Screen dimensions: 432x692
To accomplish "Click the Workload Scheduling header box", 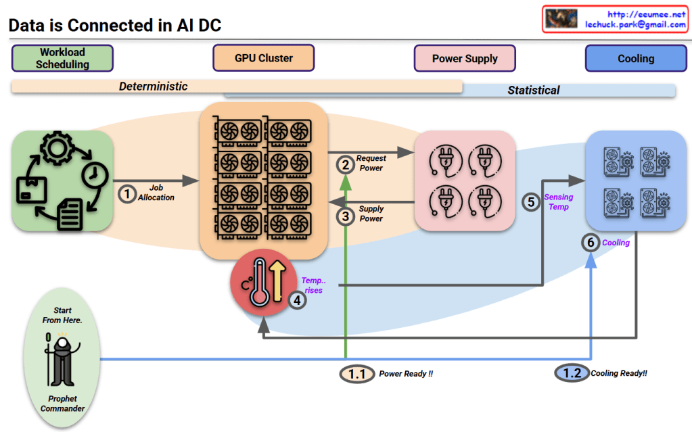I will point(62,58).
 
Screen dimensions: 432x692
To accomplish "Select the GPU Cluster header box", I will point(264,58).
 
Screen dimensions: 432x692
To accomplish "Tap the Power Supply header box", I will point(465,59).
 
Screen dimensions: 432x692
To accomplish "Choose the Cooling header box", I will point(635,59).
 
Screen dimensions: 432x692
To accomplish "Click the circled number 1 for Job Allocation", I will point(127,193).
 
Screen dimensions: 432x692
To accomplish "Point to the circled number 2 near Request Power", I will point(345,164).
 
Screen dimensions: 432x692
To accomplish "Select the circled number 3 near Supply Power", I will point(345,216).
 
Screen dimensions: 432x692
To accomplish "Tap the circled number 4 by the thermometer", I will point(297,300).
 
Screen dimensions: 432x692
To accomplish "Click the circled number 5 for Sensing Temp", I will point(532,201).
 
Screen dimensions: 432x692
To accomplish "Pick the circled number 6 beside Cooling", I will point(591,243).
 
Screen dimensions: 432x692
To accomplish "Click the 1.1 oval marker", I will point(356,373).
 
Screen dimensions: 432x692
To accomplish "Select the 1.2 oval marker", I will point(572,373).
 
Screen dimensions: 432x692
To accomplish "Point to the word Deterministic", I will point(154,87).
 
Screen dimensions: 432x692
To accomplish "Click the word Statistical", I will point(534,90).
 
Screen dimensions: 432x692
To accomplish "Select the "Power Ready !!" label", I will point(406,374).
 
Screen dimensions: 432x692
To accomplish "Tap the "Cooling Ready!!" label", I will point(619,373).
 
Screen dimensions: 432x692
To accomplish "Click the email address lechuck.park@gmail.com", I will point(635,24).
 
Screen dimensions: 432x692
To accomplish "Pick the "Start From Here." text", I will point(62,315).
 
